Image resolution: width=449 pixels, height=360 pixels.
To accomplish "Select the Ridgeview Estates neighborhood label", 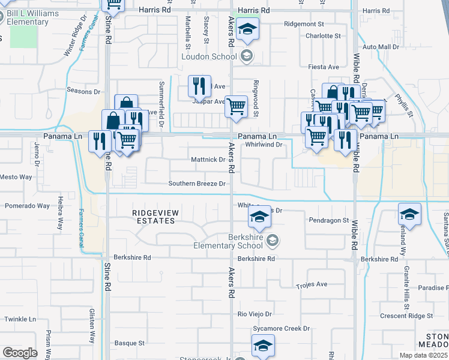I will (154, 217).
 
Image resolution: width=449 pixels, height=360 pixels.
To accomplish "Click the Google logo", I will (20, 353).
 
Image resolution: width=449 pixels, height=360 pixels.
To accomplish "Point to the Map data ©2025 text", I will (423, 355).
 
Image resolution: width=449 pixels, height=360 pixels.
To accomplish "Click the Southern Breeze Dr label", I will (197, 184).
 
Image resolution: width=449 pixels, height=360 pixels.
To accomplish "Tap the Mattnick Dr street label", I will (208, 160).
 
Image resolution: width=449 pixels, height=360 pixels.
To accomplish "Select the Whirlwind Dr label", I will (264, 145).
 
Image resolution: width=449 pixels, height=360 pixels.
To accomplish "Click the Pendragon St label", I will (329, 221).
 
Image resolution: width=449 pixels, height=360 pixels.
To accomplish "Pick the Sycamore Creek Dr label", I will (281, 329).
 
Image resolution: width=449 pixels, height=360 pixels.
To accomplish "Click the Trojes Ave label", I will (312, 284).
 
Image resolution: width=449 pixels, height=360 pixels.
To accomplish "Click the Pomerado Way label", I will (27, 206).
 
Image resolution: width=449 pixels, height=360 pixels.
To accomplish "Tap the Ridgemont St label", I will (304, 24).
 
